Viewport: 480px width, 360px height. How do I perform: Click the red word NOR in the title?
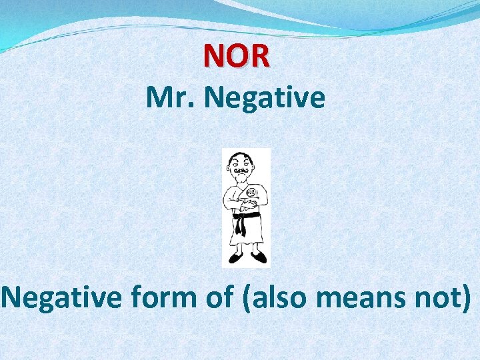[237, 55]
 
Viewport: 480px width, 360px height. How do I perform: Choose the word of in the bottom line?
[219, 299]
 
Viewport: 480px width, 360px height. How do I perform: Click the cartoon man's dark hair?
[241, 155]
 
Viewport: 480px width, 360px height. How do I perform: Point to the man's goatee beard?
[241, 179]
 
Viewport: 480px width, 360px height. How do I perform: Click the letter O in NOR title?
[237, 55]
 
